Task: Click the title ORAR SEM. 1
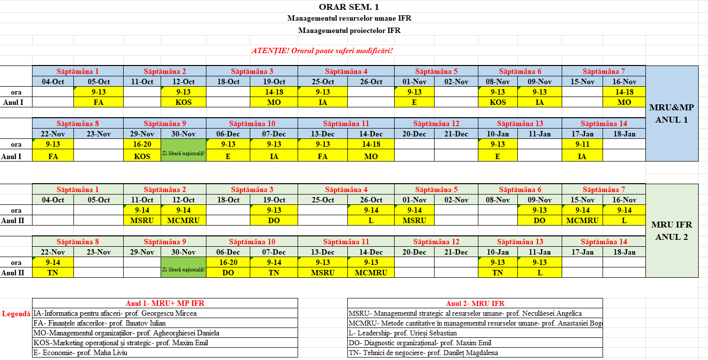(x=349, y=6)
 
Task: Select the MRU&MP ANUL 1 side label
(x=672, y=113)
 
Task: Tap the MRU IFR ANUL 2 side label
(x=672, y=230)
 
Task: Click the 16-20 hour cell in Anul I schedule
(x=142, y=144)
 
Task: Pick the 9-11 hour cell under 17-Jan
(x=582, y=144)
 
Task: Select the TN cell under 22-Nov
(x=53, y=272)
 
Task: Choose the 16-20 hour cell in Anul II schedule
(x=228, y=262)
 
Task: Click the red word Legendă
(x=16, y=313)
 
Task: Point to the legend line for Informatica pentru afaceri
(x=115, y=313)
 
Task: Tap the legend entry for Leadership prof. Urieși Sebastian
(x=403, y=333)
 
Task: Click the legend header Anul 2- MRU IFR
(x=475, y=303)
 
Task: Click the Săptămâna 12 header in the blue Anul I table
(x=436, y=124)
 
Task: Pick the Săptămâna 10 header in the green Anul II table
(x=251, y=242)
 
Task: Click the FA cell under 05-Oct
(x=99, y=102)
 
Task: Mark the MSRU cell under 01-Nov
(x=414, y=220)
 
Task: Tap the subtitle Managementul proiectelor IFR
(x=349, y=30)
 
